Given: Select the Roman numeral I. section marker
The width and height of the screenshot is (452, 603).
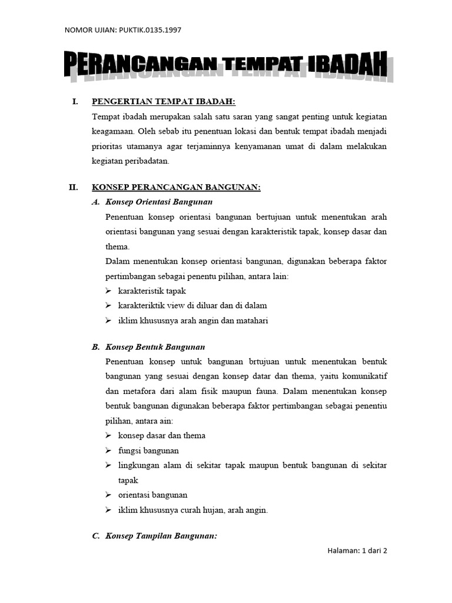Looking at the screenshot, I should click(75, 102).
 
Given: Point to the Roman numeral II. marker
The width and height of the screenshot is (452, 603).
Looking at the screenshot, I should click(74, 188).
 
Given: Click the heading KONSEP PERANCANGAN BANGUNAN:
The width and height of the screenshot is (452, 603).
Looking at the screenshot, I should click(176, 188).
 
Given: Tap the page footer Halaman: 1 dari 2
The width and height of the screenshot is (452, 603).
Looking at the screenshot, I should click(357, 551).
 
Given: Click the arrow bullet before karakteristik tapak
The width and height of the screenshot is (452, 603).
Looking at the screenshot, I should click(109, 291).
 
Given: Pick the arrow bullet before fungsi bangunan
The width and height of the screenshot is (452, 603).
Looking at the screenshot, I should click(109, 450).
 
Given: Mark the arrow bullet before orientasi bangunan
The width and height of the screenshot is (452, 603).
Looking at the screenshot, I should click(109, 495).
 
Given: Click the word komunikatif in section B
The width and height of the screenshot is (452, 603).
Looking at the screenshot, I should click(363, 376).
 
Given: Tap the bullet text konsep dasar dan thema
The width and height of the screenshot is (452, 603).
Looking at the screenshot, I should click(162, 436).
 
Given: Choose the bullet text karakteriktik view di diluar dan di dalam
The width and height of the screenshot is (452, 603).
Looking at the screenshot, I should click(192, 306).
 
